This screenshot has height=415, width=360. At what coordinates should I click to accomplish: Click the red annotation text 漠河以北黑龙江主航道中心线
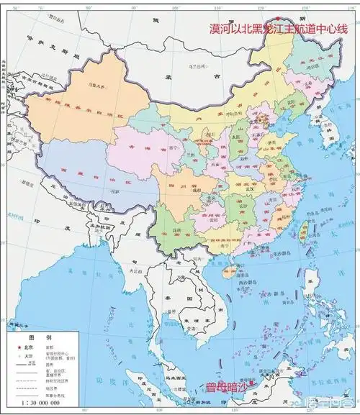[274, 29]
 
